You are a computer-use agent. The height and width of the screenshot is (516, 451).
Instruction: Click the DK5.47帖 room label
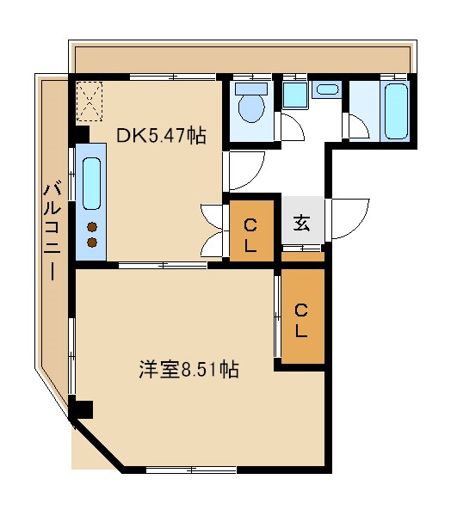click(162, 135)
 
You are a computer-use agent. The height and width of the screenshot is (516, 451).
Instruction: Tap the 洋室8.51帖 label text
click(188, 370)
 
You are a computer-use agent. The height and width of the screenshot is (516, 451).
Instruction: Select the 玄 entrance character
click(302, 223)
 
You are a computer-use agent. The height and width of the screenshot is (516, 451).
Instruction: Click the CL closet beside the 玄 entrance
click(250, 232)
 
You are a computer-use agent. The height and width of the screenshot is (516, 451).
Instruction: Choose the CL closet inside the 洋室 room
click(302, 318)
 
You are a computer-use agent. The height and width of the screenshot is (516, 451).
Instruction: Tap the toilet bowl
click(252, 110)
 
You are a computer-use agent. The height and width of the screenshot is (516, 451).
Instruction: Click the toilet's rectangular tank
click(252, 89)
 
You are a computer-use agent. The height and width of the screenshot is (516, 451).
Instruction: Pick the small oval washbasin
click(327, 89)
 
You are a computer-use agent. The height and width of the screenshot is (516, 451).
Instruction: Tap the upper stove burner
click(90, 227)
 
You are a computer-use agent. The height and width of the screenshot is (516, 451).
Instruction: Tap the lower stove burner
click(90, 242)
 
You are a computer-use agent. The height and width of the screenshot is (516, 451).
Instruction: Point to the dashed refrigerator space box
click(88, 101)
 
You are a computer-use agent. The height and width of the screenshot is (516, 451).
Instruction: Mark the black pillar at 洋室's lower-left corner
click(80, 409)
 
